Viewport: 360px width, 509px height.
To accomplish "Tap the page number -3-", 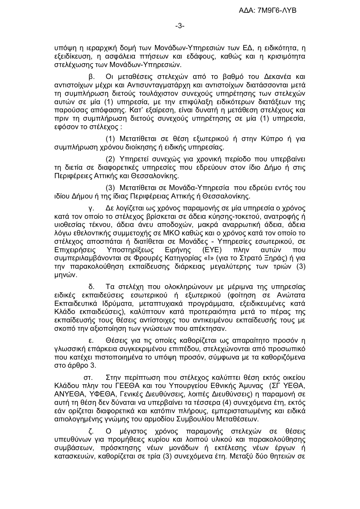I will pyautogui.click(x=180, y=26).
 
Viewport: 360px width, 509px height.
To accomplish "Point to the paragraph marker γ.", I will pyautogui.click(x=90, y=208).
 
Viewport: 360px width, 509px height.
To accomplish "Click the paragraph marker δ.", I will pyautogui.click(x=91, y=287).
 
